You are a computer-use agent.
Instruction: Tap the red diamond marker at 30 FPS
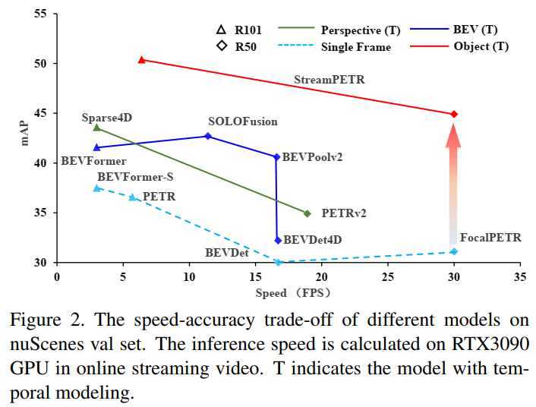click(454, 114)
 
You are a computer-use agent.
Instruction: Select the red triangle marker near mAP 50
click(142, 59)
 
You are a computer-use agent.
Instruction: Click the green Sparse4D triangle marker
click(96, 128)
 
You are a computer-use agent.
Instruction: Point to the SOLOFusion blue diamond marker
click(208, 136)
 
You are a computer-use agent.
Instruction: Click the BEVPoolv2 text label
click(312, 157)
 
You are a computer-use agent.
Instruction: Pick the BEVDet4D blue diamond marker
click(278, 240)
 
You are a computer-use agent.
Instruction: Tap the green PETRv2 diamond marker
click(307, 213)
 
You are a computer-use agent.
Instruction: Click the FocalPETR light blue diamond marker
click(454, 251)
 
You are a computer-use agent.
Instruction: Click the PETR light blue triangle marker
click(132, 197)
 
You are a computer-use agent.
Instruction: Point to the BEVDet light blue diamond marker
click(279, 262)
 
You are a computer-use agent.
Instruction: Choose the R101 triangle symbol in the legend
click(221, 30)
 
